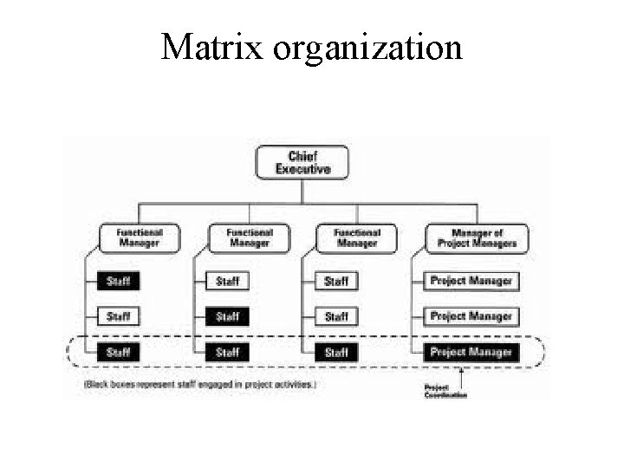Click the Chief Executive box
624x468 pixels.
(302, 162)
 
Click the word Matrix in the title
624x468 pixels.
(212, 48)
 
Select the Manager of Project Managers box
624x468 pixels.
(477, 237)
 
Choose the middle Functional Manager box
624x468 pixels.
(249, 237)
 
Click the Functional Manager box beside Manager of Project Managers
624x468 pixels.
(357, 237)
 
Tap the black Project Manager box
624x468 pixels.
(471, 352)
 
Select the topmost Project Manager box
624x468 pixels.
(471, 281)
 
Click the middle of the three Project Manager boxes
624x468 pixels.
(471, 316)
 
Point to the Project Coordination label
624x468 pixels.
(445, 391)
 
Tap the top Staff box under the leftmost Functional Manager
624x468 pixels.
(119, 281)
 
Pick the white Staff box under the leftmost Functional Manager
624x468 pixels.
(119, 316)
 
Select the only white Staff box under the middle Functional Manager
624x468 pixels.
(227, 281)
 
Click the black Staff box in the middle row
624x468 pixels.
(227, 316)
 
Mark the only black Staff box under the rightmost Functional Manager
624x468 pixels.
(336, 352)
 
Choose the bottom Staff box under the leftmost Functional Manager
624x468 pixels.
(119, 352)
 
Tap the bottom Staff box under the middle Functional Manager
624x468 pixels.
(227, 352)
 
